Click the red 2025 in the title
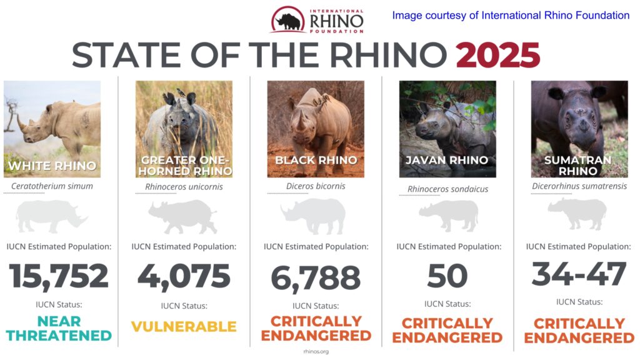pos(497,56)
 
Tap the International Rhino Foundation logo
pos(317,21)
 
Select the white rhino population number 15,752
pos(59,276)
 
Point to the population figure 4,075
pos(184,276)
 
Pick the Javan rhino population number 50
pos(447,276)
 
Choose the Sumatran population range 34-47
pos(579,273)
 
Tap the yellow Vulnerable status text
pos(184,326)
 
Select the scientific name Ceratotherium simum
pos(52,186)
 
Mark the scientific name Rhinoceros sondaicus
pos(447,189)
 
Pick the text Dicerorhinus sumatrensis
pos(579,186)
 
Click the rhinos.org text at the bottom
pos(315,352)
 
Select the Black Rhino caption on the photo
pos(316,161)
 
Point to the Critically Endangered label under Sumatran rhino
pos(579,331)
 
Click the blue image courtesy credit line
pos(511,15)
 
